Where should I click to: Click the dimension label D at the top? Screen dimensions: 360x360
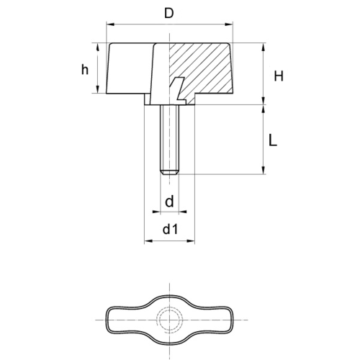(168, 14)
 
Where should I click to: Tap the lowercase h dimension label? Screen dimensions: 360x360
(85, 70)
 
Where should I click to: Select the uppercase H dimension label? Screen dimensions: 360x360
(279, 76)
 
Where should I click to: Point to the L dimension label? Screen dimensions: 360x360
(273, 141)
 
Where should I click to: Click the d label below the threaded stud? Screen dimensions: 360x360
(169, 201)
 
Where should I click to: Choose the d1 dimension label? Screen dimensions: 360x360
(170, 229)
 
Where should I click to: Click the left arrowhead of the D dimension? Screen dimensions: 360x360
(110, 24)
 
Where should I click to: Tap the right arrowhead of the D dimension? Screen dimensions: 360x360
(229, 24)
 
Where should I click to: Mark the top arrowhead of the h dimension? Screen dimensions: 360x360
(97, 48)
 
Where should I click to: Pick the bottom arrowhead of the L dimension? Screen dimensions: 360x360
(264, 170)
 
